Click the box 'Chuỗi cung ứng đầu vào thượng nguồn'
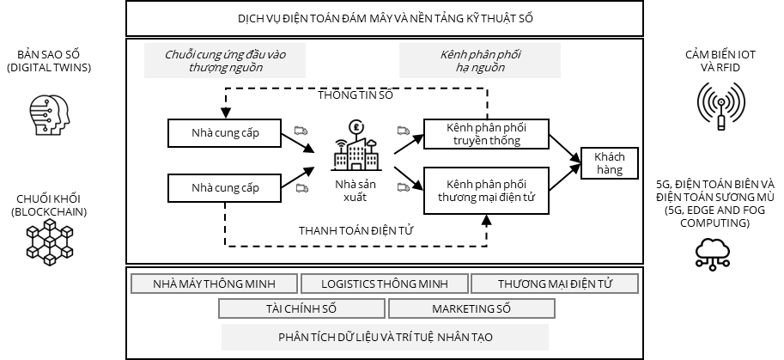(x=224, y=61)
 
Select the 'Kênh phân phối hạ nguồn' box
(x=479, y=61)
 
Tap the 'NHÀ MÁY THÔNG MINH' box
(x=214, y=284)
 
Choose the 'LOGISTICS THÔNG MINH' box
(x=384, y=284)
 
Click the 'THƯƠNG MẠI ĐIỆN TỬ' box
(x=554, y=284)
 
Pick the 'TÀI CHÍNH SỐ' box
(x=301, y=308)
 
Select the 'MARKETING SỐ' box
(x=471, y=308)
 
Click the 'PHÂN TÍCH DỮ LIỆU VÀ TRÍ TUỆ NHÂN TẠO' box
(x=385, y=337)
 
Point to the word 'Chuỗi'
(x=179, y=55)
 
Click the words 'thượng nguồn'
(x=225, y=68)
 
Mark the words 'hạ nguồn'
(x=480, y=68)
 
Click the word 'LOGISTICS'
(x=349, y=284)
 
